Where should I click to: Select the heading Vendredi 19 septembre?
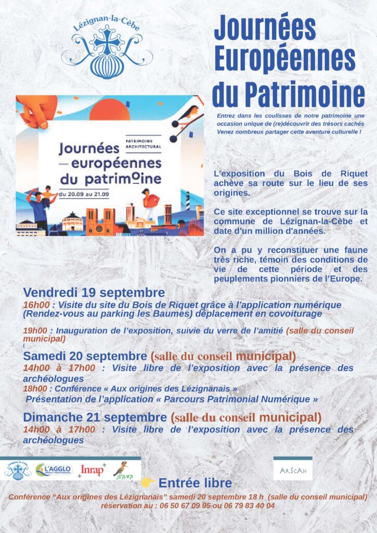tap(94, 293)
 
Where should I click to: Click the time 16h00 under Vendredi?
tap(35, 304)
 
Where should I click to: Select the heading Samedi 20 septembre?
tap(85, 357)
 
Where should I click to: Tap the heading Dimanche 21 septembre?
tap(95, 417)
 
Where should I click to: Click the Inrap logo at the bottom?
tap(92, 470)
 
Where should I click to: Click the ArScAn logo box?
tap(293, 470)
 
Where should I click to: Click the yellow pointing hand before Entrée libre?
tap(147, 483)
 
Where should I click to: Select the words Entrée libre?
tap(195, 483)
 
